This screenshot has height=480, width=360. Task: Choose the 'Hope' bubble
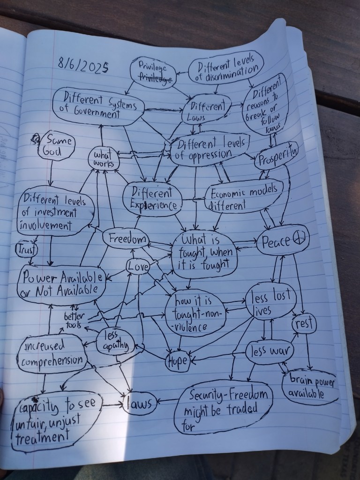(177, 361)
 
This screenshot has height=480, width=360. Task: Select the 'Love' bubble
(138, 267)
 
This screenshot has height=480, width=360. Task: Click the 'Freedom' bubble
(125, 239)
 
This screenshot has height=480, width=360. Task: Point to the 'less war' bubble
(270, 350)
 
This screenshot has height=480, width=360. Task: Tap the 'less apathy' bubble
(115, 341)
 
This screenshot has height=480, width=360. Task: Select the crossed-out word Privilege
(154, 80)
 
